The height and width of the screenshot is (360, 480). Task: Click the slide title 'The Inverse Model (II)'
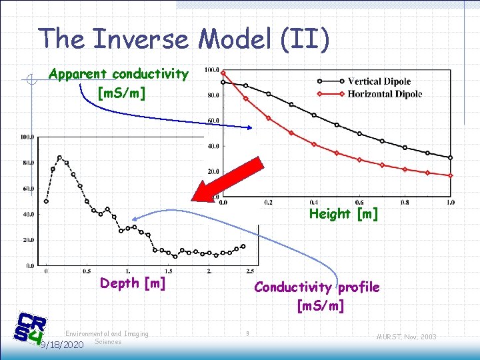(x=184, y=39)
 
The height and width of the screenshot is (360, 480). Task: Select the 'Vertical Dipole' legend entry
(x=379, y=82)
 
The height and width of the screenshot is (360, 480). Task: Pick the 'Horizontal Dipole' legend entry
(x=384, y=94)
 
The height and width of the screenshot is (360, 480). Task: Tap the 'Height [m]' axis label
(x=343, y=214)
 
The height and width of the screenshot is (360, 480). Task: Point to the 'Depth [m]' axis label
(x=133, y=283)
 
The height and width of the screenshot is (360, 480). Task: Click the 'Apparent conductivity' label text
(x=119, y=74)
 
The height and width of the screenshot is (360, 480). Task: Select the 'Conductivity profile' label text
(x=317, y=287)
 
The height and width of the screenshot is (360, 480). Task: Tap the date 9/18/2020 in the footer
(x=61, y=345)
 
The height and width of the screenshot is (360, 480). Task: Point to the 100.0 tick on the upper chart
(x=213, y=69)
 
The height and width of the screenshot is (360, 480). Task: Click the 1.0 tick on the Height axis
(x=451, y=202)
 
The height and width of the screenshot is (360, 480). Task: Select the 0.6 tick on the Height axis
(x=359, y=202)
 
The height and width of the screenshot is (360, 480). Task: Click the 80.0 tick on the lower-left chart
(x=27, y=163)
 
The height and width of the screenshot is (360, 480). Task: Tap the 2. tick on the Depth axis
(x=209, y=271)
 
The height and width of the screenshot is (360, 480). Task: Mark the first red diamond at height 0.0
(x=223, y=73)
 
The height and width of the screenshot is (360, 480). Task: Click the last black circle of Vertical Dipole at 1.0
(x=451, y=158)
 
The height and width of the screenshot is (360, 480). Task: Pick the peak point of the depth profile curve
(x=59, y=157)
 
